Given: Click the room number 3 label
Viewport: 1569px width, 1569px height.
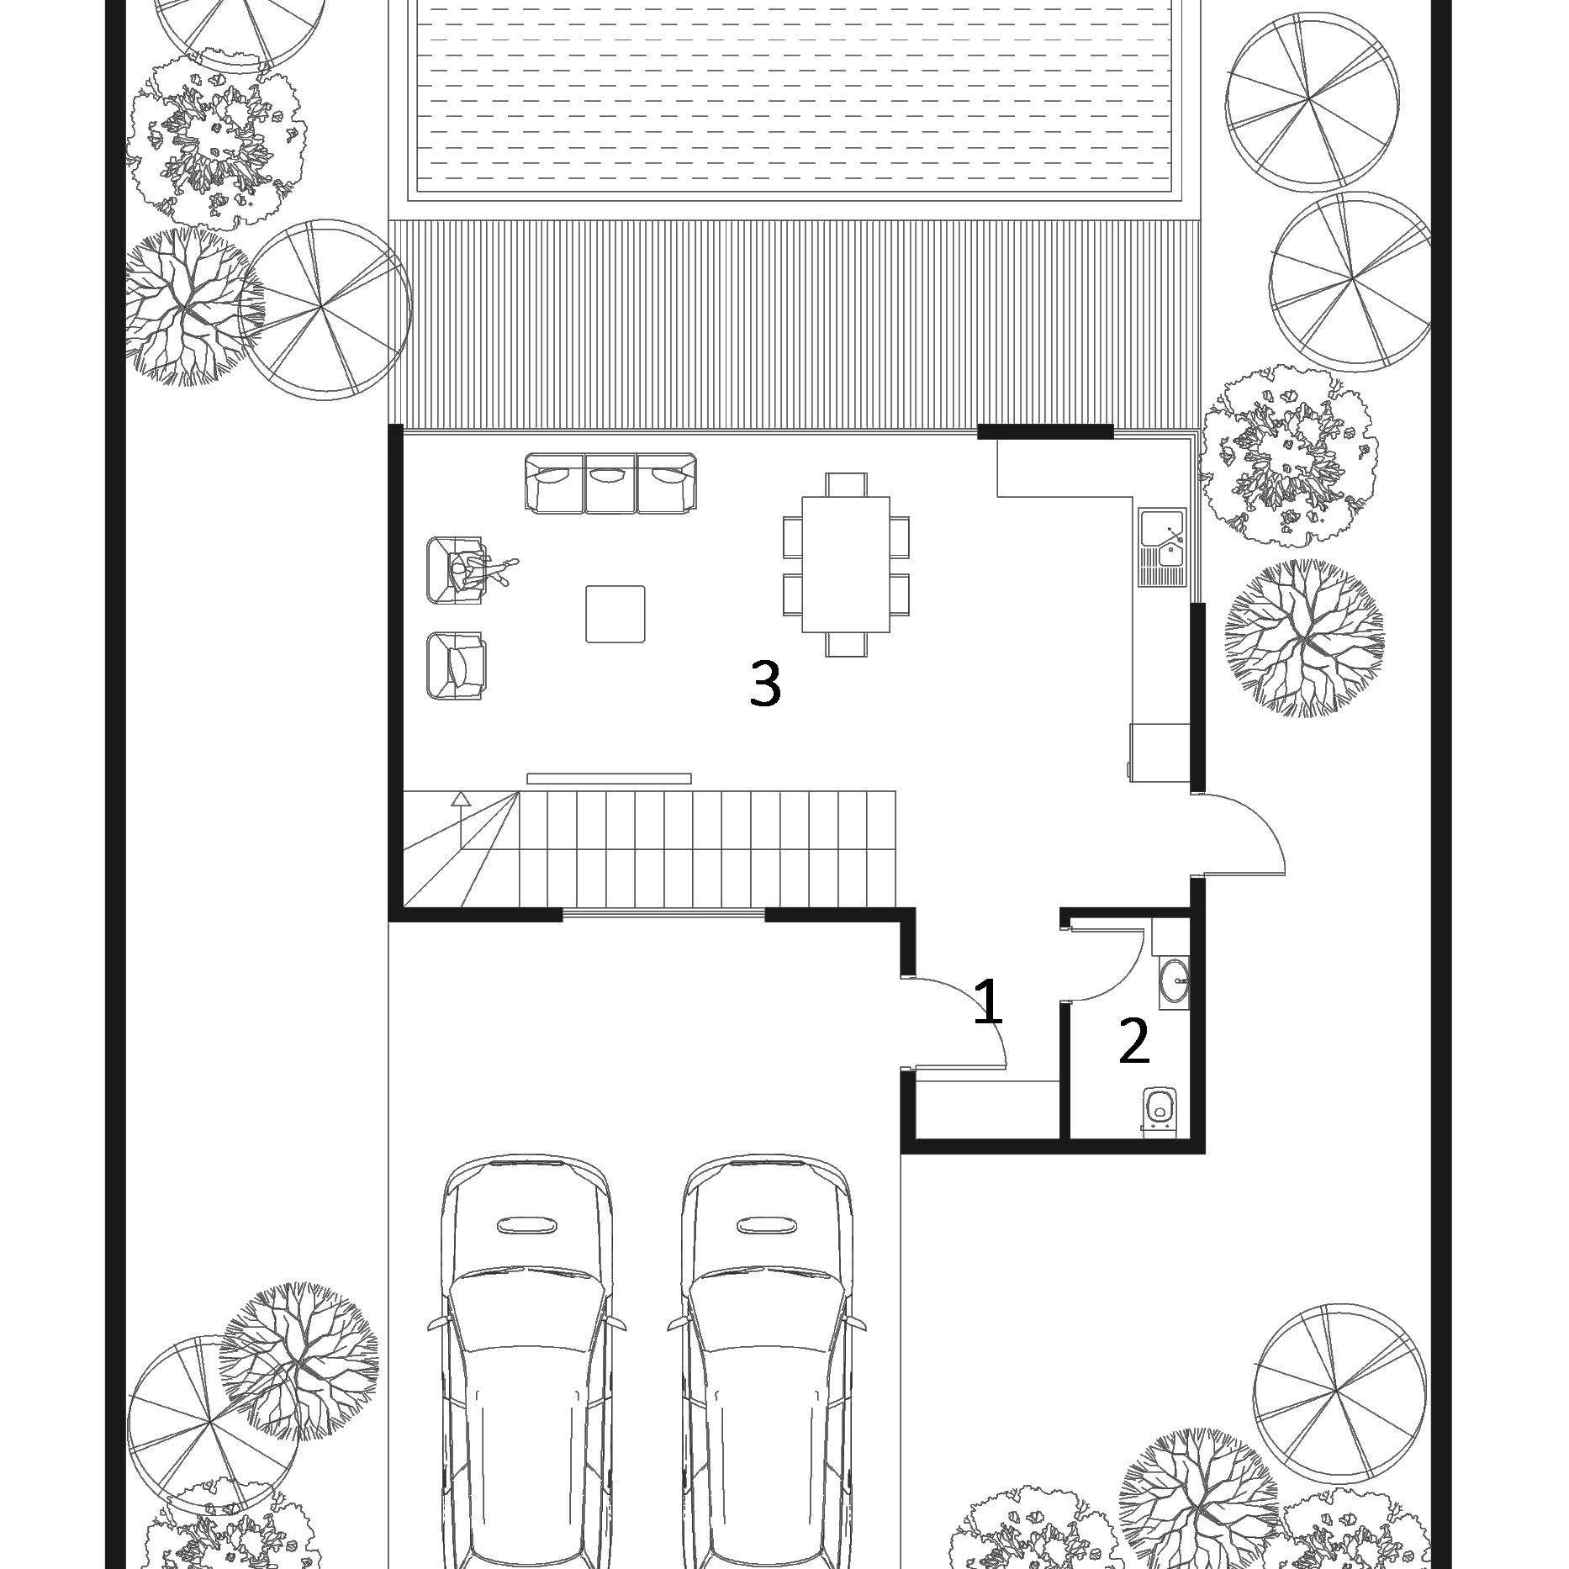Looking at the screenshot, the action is coord(765,683).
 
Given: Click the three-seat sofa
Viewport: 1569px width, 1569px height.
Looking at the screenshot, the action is coord(610,483).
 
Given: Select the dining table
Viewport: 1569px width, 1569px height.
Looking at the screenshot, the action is coord(846,564).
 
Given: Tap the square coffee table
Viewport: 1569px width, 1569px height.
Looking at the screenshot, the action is coord(615,614).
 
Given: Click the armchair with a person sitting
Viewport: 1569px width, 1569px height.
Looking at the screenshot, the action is coord(458,570).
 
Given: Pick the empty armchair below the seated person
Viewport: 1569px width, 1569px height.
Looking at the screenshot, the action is coord(457,666).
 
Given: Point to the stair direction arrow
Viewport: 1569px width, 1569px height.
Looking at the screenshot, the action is coord(460,820).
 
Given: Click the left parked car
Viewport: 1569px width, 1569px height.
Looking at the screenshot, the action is coord(526,1361).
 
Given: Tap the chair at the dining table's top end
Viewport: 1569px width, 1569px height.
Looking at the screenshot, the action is coord(846,484).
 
